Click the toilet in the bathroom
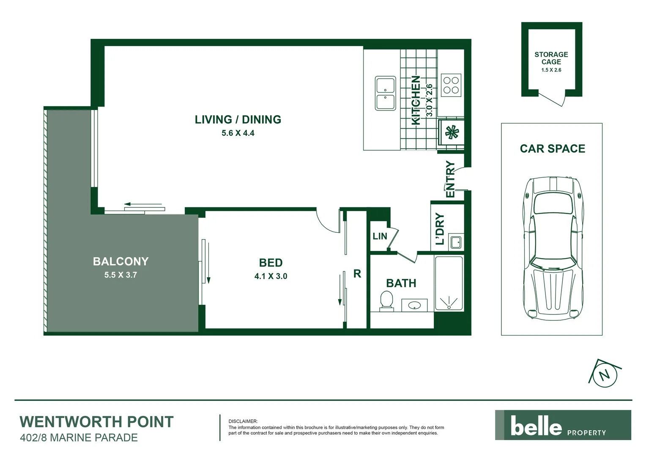(386, 300)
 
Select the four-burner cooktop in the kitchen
(451, 85)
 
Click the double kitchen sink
(385, 93)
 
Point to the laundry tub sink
(456, 242)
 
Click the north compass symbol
(605, 374)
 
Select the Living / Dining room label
(238, 120)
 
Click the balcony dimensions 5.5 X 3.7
(120, 275)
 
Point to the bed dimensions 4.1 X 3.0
(271, 276)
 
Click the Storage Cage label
(551, 58)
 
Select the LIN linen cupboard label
(380, 236)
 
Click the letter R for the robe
(357, 274)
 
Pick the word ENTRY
(450, 179)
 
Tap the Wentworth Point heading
(97, 422)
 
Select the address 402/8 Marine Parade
(79, 438)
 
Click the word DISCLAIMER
(243, 421)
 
